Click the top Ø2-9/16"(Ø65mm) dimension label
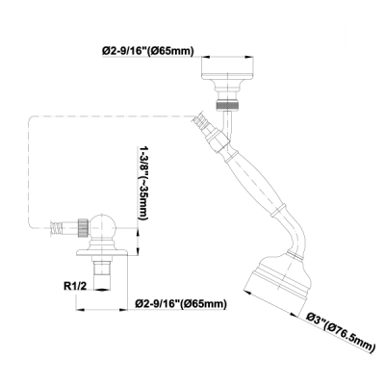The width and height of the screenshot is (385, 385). click(x=148, y=51)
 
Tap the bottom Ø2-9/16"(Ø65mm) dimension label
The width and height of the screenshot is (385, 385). click(x=181, y=303)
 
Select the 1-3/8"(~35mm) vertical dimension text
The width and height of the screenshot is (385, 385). click(x=143, y=183)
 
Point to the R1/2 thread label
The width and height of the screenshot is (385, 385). click(x=75, y=286)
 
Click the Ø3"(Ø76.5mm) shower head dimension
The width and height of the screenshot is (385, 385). click(x=340, y=333)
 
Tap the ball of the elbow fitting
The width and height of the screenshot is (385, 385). click(x=102, y=227)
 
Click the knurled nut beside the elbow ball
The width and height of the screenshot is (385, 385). click(x=83, y=227)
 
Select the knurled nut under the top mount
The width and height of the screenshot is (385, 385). click(x=227, y=105)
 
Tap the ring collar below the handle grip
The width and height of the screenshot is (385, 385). click(x=278, y=209)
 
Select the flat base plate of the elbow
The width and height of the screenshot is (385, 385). click(x=102, y=253)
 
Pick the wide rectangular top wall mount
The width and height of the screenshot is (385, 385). click(x=227, y=67)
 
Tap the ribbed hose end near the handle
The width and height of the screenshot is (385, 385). click(x=201, y=121)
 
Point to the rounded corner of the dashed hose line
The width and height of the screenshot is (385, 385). click(x=32, y=119)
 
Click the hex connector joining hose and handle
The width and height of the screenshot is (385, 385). click(x=218, y=140)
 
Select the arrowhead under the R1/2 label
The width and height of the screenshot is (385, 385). click(x=102, y=290)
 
